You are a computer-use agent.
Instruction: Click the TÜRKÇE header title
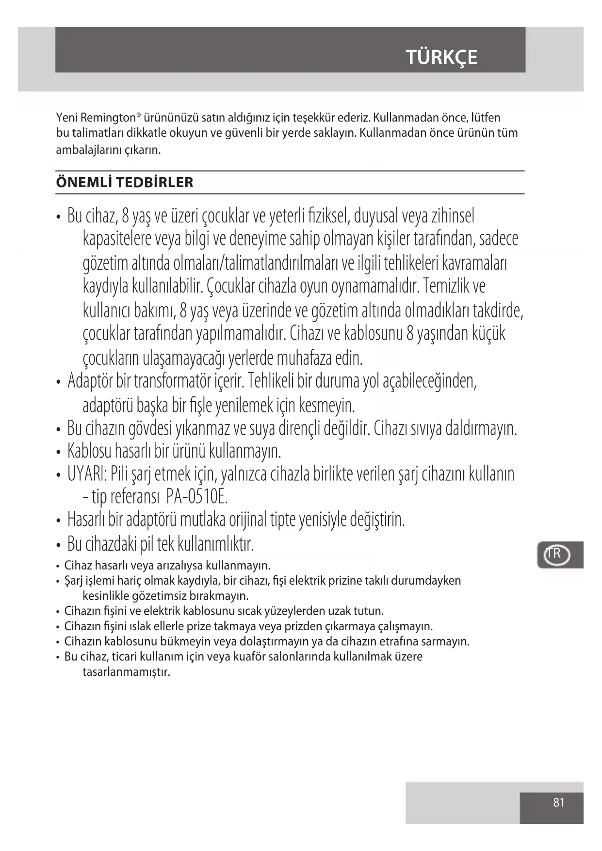pos(441,57)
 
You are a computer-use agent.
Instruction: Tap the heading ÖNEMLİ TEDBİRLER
pos(125,182)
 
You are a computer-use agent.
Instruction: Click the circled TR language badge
pos(556,555)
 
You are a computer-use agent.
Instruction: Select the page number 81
pos(558,802)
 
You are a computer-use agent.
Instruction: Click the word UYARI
pos(86,474)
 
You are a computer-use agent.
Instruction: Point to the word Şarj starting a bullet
pos(74,581)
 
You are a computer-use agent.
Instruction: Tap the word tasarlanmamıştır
pos(127,672)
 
